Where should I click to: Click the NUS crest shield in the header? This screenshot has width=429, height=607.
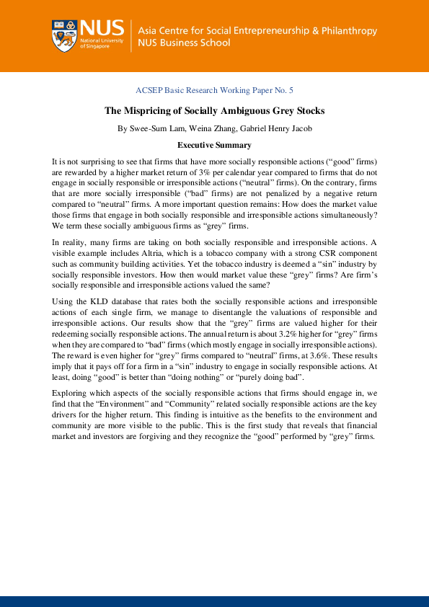[x=64, y=36]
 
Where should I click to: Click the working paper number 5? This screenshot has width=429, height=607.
[x=291, y=90]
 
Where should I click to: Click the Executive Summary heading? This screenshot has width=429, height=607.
[x=214, y=145]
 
